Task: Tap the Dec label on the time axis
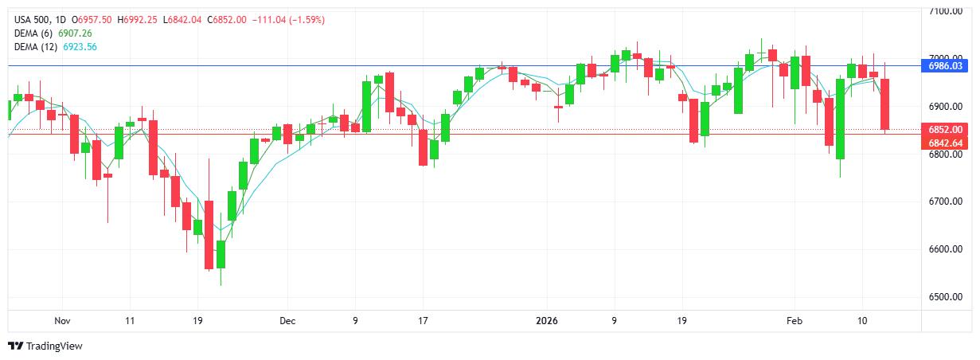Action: tap(287, 321)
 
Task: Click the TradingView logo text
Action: tap(54, 346)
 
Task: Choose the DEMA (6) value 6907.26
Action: tap(76, 33)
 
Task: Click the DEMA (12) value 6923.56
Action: tap(80, 47)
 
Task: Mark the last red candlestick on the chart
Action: tap(885, 104)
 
